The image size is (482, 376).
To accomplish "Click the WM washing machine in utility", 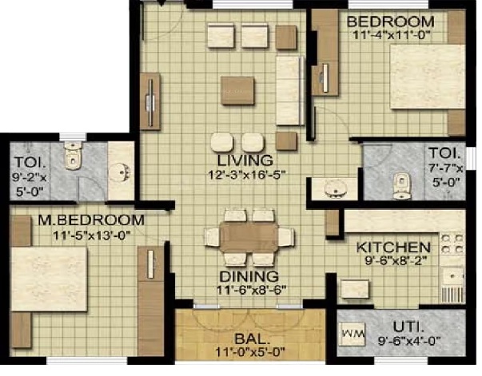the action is (353, 334).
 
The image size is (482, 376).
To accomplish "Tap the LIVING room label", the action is (245, 160).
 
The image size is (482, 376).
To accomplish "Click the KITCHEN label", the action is (393, 247).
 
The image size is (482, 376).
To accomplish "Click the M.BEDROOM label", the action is (91, 220).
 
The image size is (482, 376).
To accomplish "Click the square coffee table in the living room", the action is (237, 90).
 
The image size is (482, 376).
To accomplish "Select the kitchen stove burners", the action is (452, 243).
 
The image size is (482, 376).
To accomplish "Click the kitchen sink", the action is (452, 276).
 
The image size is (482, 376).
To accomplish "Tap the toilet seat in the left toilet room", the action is (73, 156).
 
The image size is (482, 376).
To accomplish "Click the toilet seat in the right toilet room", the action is (401, 186).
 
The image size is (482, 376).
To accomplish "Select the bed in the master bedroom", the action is (50, 279).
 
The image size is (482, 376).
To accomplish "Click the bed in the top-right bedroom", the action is (428, 77).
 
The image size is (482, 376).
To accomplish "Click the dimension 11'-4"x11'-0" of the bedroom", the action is (391, 34).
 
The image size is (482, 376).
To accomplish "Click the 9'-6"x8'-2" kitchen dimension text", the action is (396, 260).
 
